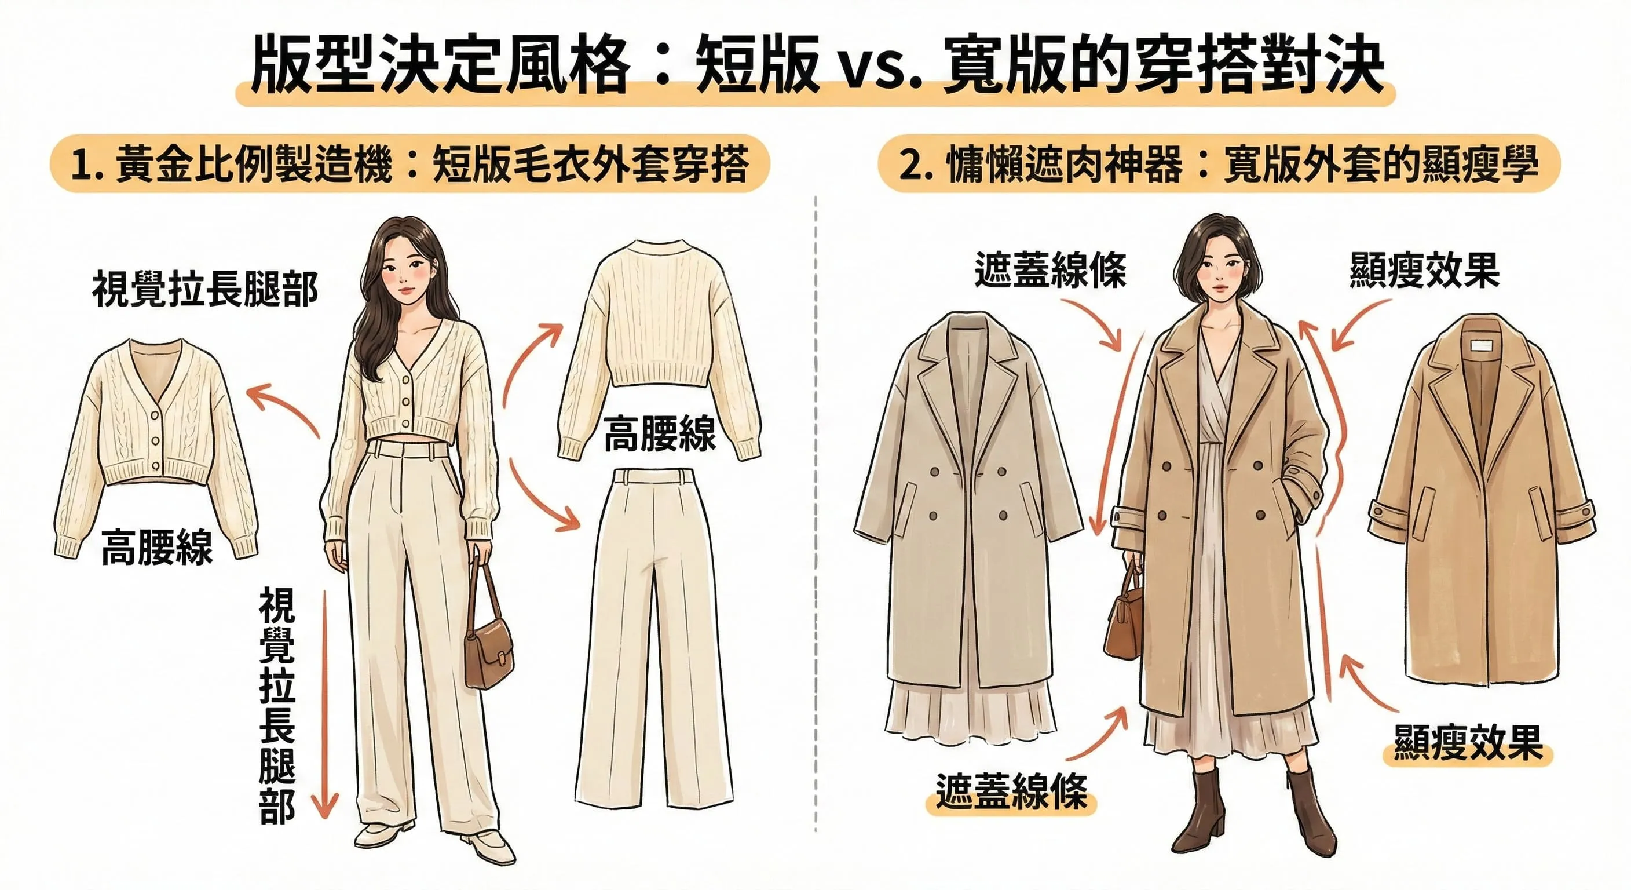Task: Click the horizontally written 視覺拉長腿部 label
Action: (x=204, y=290)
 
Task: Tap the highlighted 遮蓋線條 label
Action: (x=1011, y=793)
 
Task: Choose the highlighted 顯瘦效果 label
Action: (x=1467, y=743)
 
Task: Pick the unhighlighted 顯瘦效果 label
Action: (x=1424, y=271)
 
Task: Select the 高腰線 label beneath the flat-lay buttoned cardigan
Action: (x=157, y=548)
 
